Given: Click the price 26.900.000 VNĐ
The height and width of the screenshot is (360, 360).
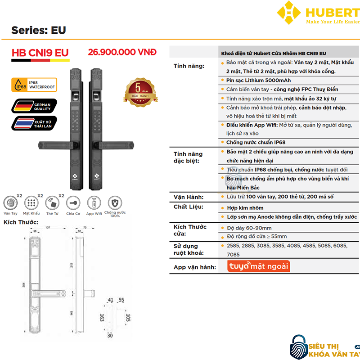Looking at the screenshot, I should point(122,52).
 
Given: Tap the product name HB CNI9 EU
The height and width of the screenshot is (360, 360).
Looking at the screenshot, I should point(40,53).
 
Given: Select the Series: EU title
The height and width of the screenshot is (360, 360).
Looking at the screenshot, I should point(39,30).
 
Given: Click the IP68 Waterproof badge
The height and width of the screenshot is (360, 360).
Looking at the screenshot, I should point(35,85).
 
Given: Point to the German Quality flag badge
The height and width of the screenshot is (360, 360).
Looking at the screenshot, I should point(35,106).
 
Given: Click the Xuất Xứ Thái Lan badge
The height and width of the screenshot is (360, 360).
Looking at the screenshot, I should point(35,123).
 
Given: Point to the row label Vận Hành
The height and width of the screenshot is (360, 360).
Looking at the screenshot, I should point(189,197).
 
